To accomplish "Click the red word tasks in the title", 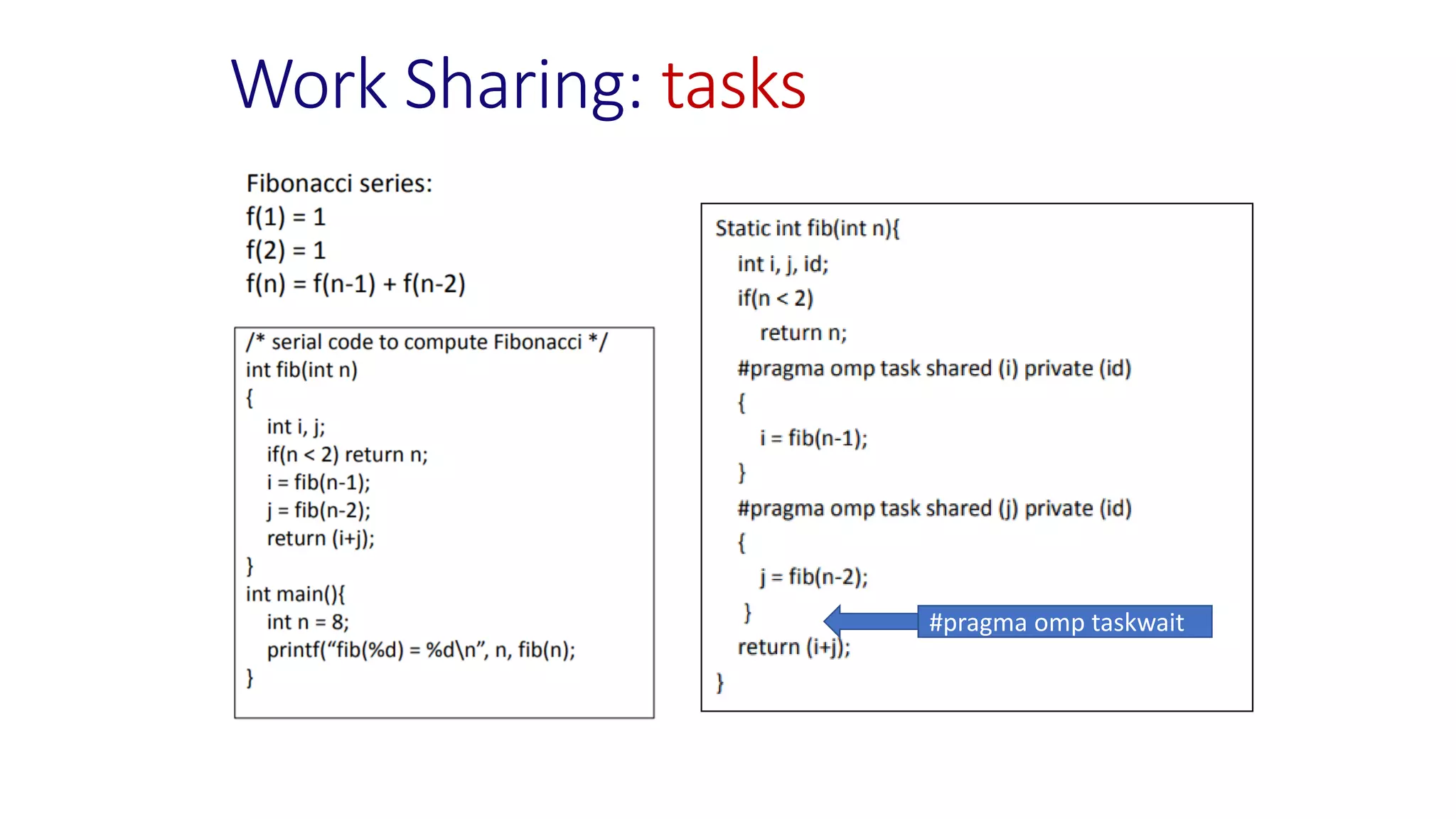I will tap(734, 85).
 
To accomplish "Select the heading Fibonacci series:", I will tap(339, 183).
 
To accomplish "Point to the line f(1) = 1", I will tap(286, 217).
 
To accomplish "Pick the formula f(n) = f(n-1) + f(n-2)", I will tap(355, 284).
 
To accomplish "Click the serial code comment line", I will tap(427, 342).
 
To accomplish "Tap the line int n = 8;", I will tap(308, 622).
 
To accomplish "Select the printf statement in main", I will tap(421, 650).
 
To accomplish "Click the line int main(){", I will tap(295, 594).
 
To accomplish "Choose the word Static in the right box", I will tap(743, 228).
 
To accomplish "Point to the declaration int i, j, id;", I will tap(783, 264).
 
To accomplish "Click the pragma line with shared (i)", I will tap(934, 368).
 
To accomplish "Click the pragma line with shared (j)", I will tap(934, 508).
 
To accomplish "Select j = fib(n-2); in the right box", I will tap(813, 577).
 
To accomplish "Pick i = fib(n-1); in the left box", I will tap(318, 482).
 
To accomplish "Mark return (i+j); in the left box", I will tap(321, 538).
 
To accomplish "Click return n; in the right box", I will tap(803, 333).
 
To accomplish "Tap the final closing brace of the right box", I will tap(720, 682).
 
